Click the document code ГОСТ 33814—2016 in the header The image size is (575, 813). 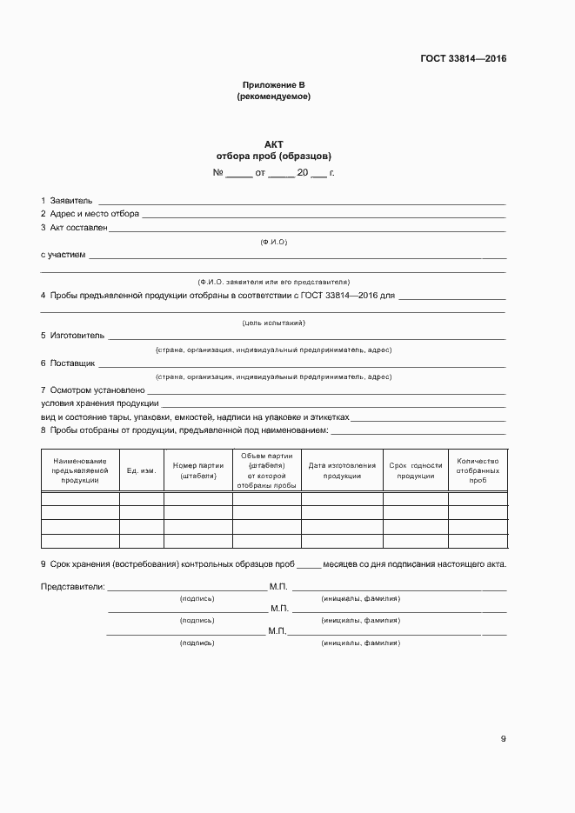463,59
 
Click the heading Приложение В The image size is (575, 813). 273,85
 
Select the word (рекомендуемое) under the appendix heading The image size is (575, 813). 273,97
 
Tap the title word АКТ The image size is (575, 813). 273,144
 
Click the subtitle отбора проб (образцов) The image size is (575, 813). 273,157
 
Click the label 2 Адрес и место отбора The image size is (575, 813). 90,214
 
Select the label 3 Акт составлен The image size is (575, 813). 74,228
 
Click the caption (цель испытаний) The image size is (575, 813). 273,323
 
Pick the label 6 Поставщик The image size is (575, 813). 68,363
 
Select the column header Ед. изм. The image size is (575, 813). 141,470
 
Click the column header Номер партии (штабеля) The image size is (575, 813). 198,470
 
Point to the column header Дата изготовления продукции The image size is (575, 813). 342,470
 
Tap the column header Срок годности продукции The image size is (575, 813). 416,470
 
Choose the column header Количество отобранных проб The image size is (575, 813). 478,470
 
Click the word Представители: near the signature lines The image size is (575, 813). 73,587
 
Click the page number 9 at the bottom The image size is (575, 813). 503,740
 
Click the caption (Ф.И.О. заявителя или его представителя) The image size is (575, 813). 273,282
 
